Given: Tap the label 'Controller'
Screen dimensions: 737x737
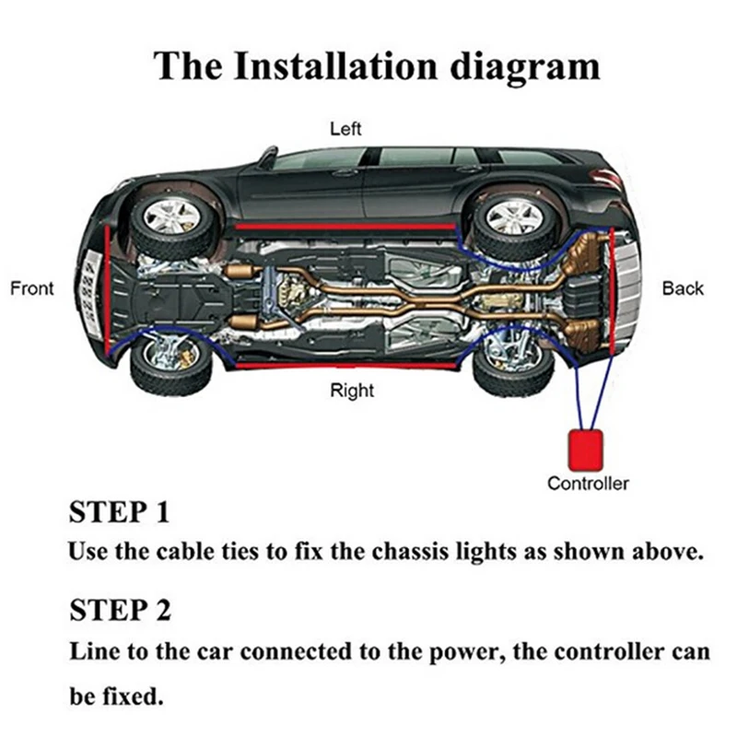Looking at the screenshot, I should pyautogui.click(x=588, y=483).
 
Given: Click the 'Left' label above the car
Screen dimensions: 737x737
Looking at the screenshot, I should pyautogui.click(x=345, y=129).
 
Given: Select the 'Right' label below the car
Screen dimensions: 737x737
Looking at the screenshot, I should pyautogui.click(x=352, y=391).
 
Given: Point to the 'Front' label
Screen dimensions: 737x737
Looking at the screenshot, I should pyautogui.click(x=32, y=288).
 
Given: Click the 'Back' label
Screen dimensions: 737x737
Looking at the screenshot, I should pyautogui.click(x=683, y=288).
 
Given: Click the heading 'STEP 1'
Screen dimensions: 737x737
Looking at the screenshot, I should pyautogui.click(x=120, y=512).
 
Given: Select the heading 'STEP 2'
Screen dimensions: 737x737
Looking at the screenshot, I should pyautogui.click(x=120, y=610).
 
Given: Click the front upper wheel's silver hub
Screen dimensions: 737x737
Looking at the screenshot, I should pyautogui.click(x=170, y=217).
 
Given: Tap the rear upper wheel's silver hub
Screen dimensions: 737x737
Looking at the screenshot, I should pyautogui.click(x=514, y=217).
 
